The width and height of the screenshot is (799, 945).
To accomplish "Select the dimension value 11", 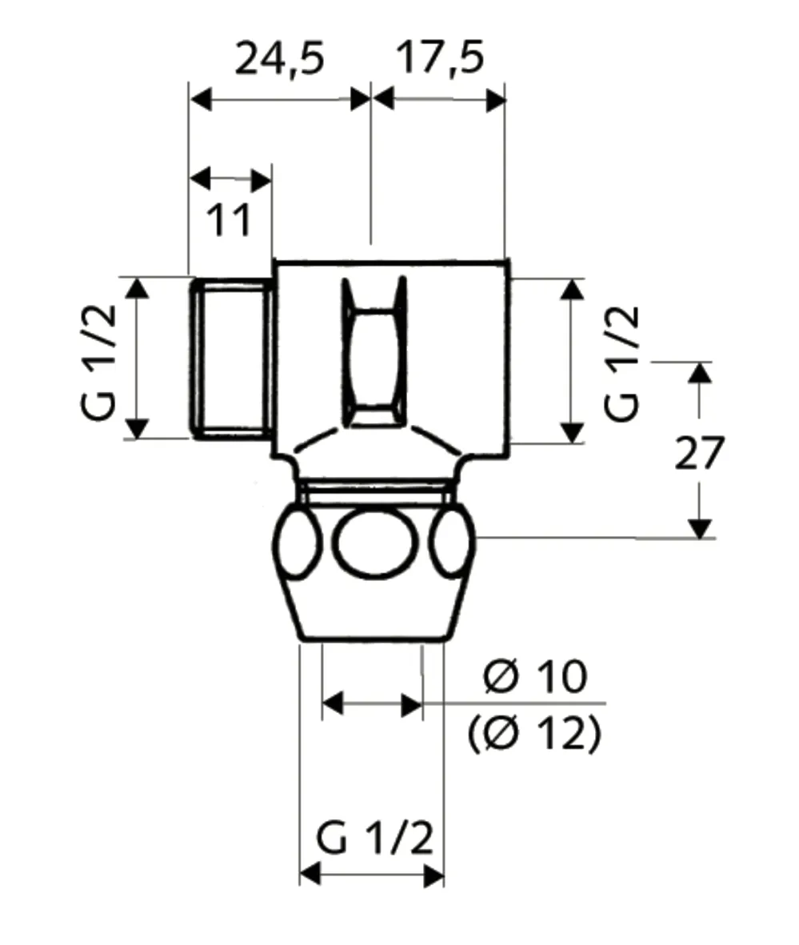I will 230,220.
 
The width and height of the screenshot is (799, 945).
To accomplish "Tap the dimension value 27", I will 699,454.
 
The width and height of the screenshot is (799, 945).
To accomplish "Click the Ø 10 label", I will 535,678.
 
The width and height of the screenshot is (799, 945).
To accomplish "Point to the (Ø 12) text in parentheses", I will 534,732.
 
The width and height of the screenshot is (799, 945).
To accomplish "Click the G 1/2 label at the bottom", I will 374,839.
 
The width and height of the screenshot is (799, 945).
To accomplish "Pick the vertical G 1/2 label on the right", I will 622,364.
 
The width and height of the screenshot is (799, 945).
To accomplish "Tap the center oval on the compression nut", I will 375,545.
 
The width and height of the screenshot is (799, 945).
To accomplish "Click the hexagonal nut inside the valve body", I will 374,352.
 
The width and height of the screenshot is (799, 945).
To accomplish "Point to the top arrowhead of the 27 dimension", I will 700,372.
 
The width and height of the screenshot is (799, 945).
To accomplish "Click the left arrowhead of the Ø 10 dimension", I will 332,704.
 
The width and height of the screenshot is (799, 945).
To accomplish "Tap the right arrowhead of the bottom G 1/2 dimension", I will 434,875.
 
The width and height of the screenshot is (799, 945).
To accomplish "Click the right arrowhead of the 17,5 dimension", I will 497,100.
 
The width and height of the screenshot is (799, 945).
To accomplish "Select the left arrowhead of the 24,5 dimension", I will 198,100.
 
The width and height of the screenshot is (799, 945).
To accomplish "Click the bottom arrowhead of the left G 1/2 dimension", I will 138,429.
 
